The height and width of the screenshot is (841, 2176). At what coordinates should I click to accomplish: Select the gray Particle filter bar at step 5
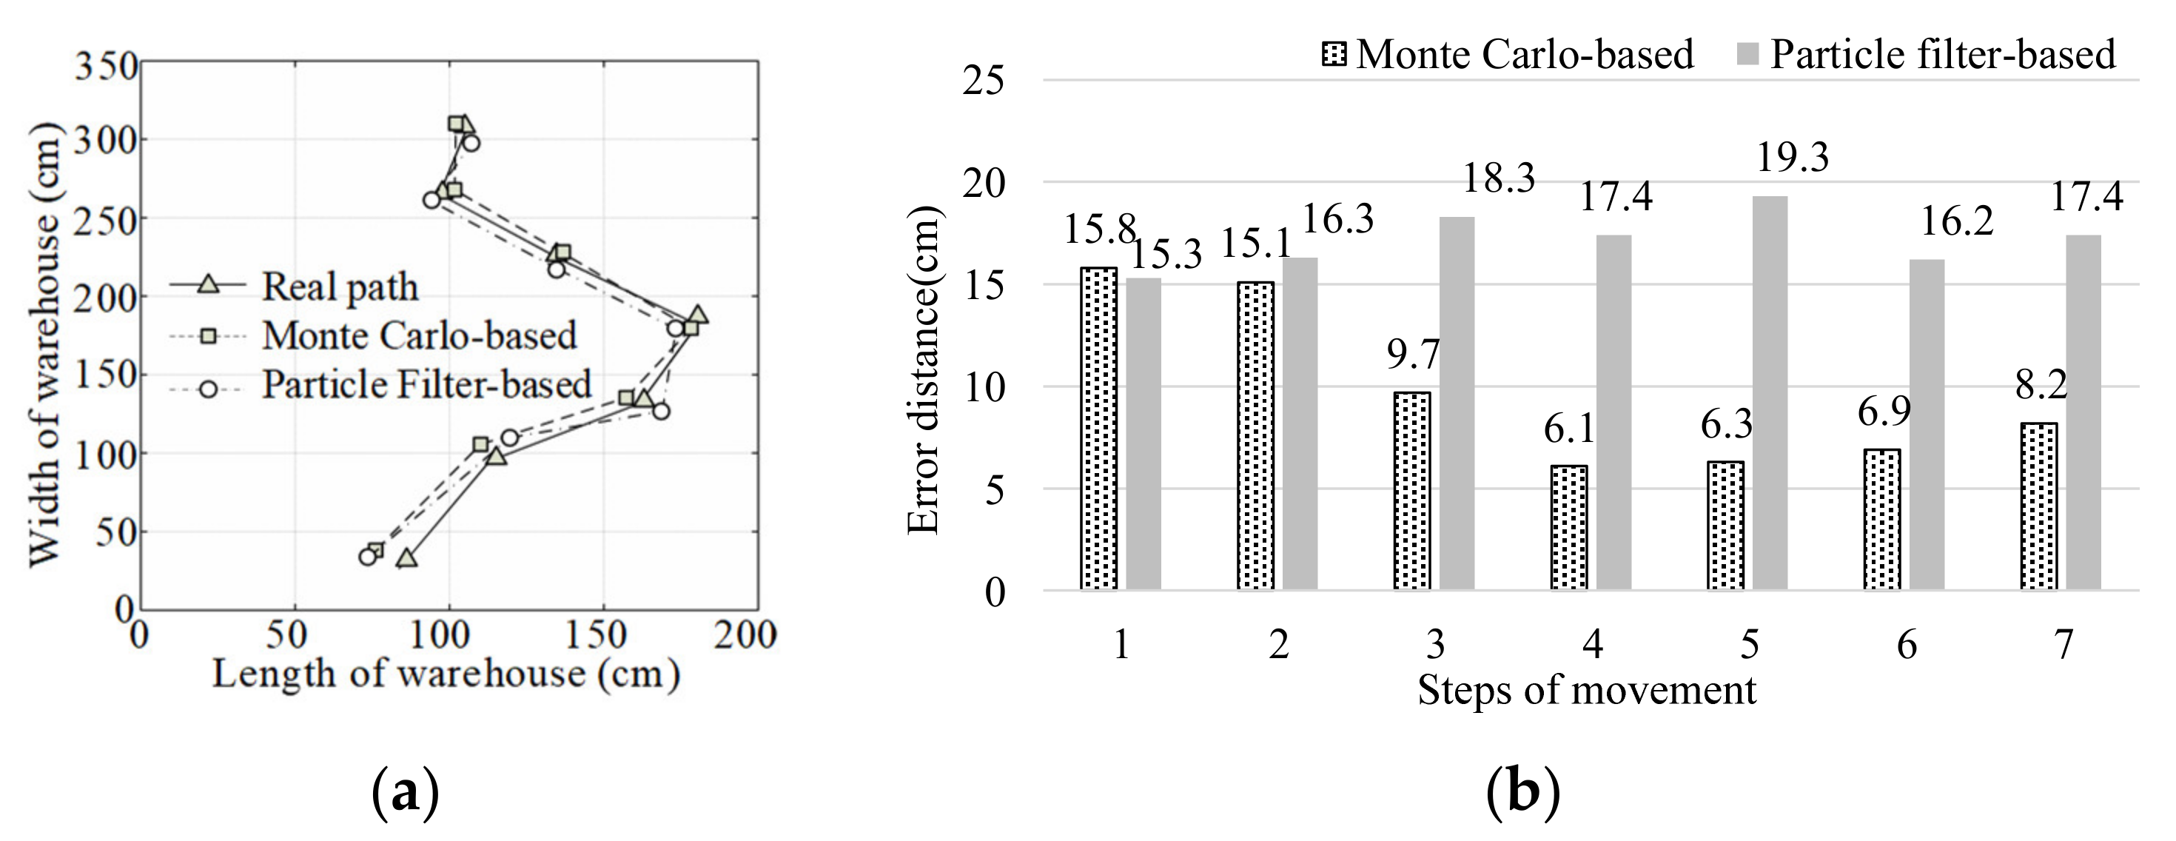[x=1770, y=393]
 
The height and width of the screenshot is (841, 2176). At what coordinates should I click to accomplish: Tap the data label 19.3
[x=1793, y=157]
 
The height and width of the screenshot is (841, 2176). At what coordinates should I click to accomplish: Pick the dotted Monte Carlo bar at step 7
[x=2038, y=506]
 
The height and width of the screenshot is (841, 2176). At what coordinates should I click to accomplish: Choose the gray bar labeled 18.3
[x=1457, y=403]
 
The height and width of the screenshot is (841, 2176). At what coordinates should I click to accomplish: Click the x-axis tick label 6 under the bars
[x=1907, y=645]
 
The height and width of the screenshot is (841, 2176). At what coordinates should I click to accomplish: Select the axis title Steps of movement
[x=1586, y=691]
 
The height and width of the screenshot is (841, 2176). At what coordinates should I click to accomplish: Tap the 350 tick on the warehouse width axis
[x=106, y=66]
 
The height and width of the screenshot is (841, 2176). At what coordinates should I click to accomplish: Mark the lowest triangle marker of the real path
[x=407, y=559]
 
